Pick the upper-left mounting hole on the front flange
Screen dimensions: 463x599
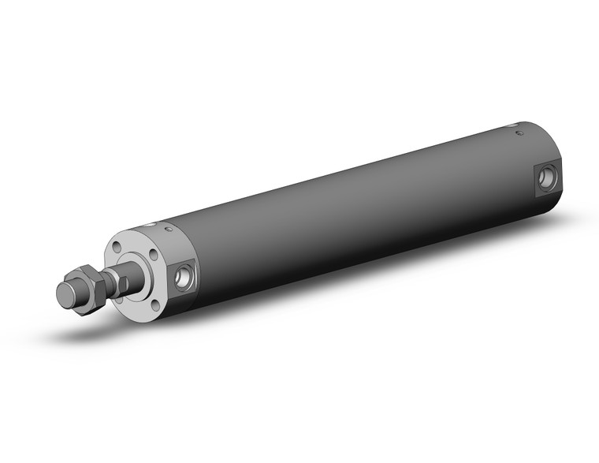point(117,247)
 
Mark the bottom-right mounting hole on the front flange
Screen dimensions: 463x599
point(155,304)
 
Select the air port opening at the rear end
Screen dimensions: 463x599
point(546,179)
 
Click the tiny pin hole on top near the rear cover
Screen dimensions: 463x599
point(519,134)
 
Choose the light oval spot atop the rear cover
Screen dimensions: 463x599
point(513,125)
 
